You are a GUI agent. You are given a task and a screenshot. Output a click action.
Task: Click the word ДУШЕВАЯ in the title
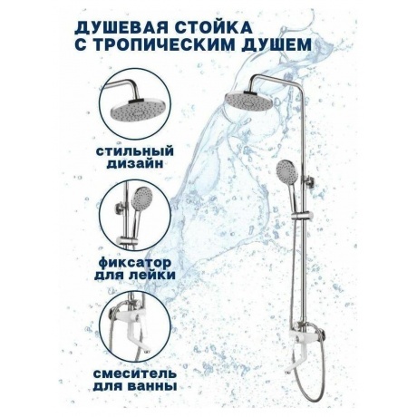(x=120, y=27)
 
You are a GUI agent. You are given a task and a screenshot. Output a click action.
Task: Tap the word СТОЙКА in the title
(x=213, y=27)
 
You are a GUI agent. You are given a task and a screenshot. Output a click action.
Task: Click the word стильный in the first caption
(x=135, y=150)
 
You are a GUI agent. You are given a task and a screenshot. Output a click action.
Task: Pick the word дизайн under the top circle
(x=135, y=164)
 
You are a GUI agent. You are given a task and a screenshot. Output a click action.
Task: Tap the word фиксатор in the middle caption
(x=135, y=263)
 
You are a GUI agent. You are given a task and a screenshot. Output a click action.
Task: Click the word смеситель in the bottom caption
(x=135, y=373)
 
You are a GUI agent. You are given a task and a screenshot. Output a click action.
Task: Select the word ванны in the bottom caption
(x=153, y=386)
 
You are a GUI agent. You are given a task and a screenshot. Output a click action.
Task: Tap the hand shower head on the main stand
(x=286, y=171)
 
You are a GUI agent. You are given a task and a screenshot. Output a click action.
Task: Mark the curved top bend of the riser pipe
(x=257, y=79)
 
